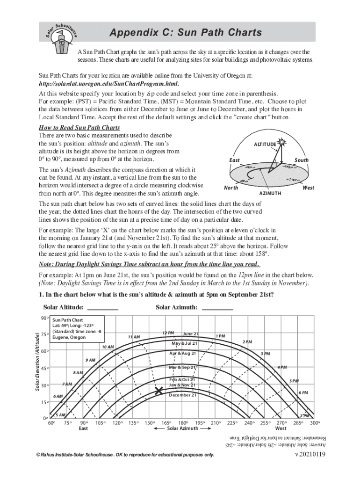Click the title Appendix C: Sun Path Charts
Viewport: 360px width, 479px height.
tap(185, 33)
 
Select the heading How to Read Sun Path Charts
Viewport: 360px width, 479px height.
tap(79, 128)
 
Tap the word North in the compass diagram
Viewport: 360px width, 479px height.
tap(231, 188)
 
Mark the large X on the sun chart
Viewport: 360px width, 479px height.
tap(159, 391)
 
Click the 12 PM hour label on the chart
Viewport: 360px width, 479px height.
tap(168, 333)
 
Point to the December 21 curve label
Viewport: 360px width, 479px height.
tap(182, 395)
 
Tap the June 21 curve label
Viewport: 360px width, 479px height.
tap(191, 334)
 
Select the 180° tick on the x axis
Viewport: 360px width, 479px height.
tap(183, 423)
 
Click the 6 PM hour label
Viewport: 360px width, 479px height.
tap(303, 393)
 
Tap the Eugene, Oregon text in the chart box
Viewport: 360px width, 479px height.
tap(68, 337)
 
